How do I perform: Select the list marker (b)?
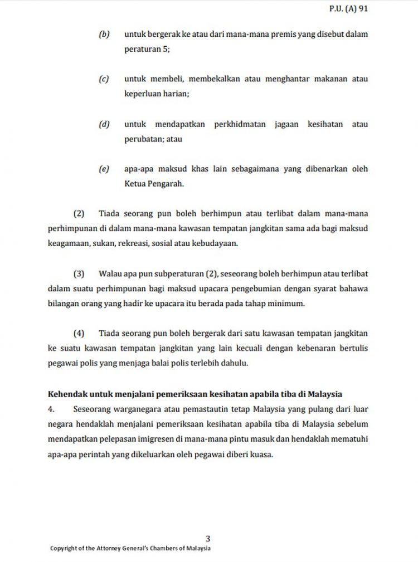tap(104, 35)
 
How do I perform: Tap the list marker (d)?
tap(104, 124)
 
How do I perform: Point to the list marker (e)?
tap(104, 169)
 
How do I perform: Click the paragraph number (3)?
tap(79, 273)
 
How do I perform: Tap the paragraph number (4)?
tap(79, 333)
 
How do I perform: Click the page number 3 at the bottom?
tap(208, 538)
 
